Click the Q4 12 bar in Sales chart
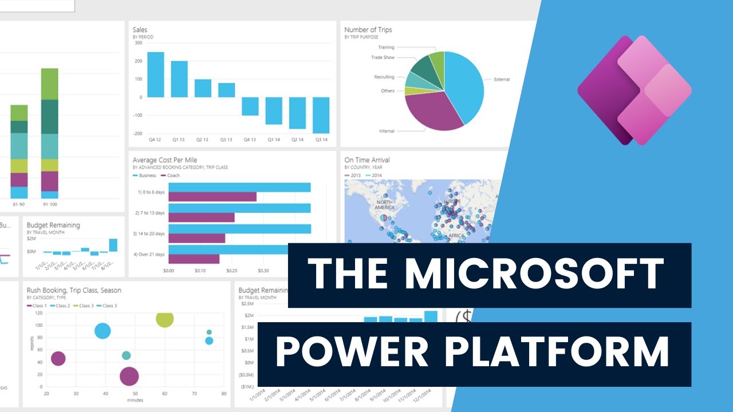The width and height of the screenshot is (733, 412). tap(156, 74)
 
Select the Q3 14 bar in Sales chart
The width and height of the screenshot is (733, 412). tap(321, 115)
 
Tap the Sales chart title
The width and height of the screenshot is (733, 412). tap(140, 29)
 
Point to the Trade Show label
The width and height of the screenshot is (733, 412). tap(383, 57)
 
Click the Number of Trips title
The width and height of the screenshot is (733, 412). tap(368, 29)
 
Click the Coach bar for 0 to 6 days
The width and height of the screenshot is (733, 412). tap(212, 197)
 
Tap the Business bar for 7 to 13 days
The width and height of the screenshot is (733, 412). tap(239, 208)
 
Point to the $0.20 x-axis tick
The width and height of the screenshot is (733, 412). tap(232, 270)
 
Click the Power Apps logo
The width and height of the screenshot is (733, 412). tap(634, 90)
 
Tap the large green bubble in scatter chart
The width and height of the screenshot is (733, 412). tap(164, 319)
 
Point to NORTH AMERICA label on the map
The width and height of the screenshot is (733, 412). tap(384, 205)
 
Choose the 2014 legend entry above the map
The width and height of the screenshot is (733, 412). tap(375, 176)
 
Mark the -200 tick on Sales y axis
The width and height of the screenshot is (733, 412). tap(138, 133)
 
